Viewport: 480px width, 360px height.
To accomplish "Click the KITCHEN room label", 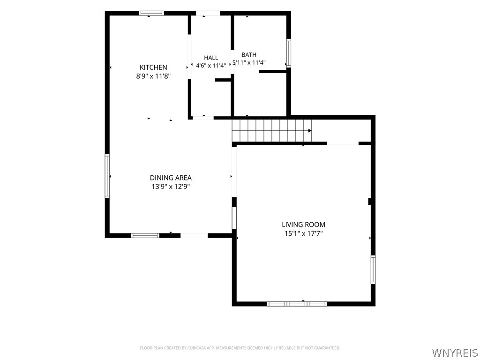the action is click(x=153, y=67).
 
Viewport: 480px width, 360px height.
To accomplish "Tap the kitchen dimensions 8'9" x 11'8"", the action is click(x=153, y=76).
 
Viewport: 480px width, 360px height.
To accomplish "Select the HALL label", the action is click(x=211, y=58).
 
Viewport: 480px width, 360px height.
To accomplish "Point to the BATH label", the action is click(x=249, y=55).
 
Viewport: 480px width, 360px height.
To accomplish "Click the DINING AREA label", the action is click(x=171, y=178).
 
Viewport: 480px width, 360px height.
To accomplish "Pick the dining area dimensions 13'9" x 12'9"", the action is click(x=171, y=187).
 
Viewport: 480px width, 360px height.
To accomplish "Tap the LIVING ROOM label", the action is click(x=303, y=225).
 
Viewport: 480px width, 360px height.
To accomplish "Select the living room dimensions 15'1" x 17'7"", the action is click(x=304, y=233).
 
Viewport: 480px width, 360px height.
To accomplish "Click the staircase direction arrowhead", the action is click(x=310, y=131).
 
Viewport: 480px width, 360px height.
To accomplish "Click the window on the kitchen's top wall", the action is click(x=151, y=13).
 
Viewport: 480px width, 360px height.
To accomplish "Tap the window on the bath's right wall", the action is click(x=288, y=53).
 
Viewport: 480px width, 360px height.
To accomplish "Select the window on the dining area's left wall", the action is click(x=107, y=176).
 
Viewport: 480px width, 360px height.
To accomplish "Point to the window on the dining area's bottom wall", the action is click(x=145, y=235).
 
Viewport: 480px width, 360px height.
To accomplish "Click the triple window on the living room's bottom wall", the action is click(x=297, y=304).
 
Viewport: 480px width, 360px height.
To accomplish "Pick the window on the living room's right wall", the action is click(x=373, y=270).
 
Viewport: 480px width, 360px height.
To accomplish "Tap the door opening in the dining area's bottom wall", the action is click(x=194, y=235).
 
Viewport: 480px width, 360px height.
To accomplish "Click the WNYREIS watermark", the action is click(x=455, y=352).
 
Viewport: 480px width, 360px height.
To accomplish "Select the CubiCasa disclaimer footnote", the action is click(x=240, y=348).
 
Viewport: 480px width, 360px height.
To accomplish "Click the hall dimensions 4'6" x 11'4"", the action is click(x=211, y=66).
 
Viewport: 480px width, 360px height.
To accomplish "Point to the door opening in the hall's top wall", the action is click(x=208, y=13).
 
